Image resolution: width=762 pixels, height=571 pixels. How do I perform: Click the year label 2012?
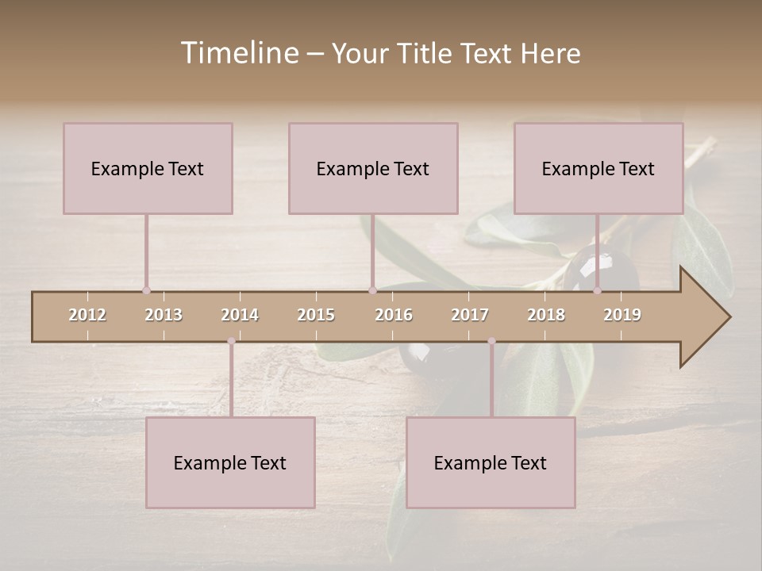click(x=87, y=315)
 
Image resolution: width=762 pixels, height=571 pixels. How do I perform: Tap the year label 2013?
click(x=164, y=315)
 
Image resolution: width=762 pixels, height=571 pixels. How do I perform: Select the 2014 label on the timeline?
click(x=240, y=315)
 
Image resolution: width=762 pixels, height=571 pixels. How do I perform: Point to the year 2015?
click(x=316, y=315)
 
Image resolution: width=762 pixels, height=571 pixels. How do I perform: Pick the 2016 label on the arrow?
click(x=394, y=315)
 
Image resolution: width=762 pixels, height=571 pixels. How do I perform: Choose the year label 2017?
click(x=470, y=315)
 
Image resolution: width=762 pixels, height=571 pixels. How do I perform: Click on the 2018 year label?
click(x=546, y=315)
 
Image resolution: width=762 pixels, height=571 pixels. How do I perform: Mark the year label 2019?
click(x=622, y=315)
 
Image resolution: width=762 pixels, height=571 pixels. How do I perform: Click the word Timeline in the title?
click(x=237, y=53)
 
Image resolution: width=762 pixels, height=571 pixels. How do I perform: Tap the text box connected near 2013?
click(x=148, y=168)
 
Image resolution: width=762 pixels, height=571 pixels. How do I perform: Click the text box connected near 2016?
click(x=373, y=168)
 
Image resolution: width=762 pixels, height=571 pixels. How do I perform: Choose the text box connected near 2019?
click(x=598, y=168)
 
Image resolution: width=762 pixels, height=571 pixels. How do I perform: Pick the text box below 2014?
click(x=230, y=462)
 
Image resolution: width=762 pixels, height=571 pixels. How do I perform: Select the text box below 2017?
click(x=491, y=462)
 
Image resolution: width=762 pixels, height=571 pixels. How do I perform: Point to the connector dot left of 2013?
click(x=146, y=290)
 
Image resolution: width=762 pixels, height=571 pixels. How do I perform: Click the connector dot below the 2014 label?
click(x=231, y=341)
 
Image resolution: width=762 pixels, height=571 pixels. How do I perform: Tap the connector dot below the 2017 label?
click(x=491, y=341)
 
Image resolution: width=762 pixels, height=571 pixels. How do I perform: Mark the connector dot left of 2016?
click(x=372, y=290)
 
